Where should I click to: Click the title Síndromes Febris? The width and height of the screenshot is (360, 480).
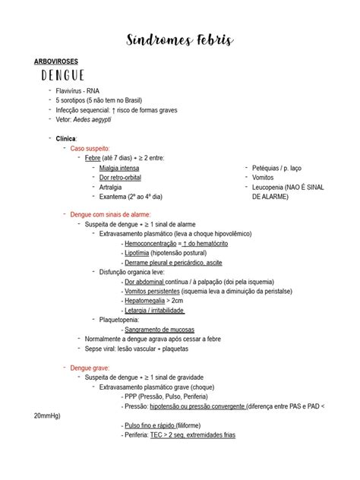click(x=179, y=39)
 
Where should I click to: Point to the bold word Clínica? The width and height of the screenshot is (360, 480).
click(x=67, y=138)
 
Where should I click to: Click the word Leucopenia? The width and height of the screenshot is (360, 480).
click(x=268, y=187)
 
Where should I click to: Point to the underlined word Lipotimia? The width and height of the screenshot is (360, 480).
click(x=137, y=253)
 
